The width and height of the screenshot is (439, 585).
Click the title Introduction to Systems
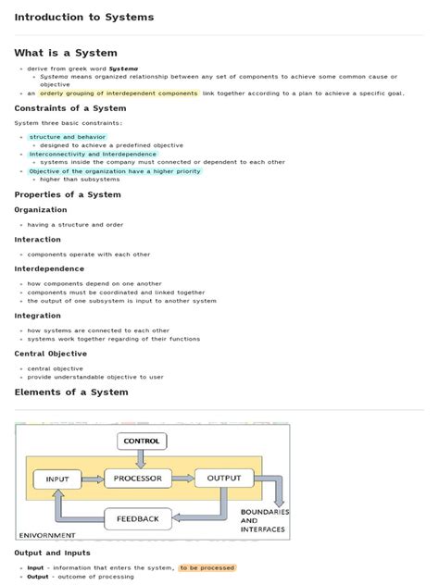83,18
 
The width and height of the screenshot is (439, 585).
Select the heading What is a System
66,53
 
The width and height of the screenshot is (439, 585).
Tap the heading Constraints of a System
69,108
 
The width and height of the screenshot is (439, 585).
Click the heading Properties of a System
68,194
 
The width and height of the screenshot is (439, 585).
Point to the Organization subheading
41,210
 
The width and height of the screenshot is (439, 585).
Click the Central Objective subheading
51,354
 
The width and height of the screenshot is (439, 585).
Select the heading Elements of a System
71,392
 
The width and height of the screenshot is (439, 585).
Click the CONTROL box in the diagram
142,442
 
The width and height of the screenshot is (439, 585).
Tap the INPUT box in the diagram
57,479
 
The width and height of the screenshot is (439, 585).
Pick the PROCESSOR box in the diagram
139,479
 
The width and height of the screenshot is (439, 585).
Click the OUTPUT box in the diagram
223,479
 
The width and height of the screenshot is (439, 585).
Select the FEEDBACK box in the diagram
138,518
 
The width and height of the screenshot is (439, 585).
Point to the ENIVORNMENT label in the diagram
46,535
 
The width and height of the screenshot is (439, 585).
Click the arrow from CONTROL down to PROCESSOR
141,459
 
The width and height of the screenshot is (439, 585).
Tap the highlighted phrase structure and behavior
68,137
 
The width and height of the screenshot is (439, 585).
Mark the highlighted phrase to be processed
207,567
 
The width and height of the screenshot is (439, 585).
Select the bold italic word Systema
123,68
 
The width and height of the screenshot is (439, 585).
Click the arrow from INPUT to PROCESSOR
93,479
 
